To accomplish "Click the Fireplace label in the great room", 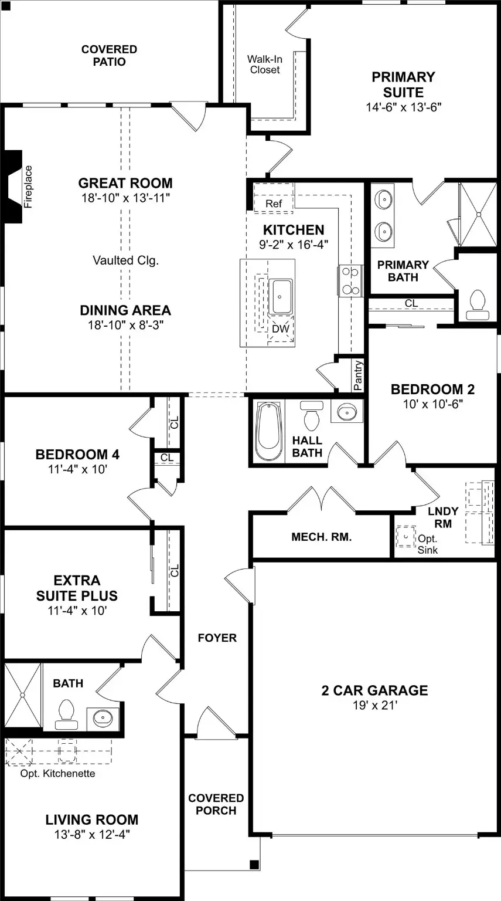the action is click(x=28, y=187).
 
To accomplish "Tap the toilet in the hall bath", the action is click(x=311, y=415).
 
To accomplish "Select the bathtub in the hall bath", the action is click(x=267, y=431).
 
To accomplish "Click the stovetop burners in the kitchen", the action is click(x=350, y=281).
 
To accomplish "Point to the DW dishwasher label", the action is click(x=281, y=328).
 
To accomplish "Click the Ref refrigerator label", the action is click(x=274, y=204).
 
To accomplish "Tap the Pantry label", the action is click(x=358, y=375).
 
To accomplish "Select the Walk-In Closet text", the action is click(x=265, y=65).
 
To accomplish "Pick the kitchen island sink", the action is click(x=281, y=296).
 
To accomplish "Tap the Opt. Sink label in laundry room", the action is click(x=427, y=544).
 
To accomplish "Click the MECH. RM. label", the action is click(x=322, y=537).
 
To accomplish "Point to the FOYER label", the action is click(x=217, y=638).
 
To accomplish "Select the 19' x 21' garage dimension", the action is click(x=375, y=704).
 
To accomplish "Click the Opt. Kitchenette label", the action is click(x=57, y=773).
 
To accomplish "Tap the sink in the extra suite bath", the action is click(x=103, y=717).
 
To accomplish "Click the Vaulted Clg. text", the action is click(x=126, y=260).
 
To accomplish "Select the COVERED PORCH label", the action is click(x=216, y=804).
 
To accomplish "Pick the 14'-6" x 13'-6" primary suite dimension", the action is click(x=403, y=107).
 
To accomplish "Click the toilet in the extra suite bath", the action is click(x=66, y=715).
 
